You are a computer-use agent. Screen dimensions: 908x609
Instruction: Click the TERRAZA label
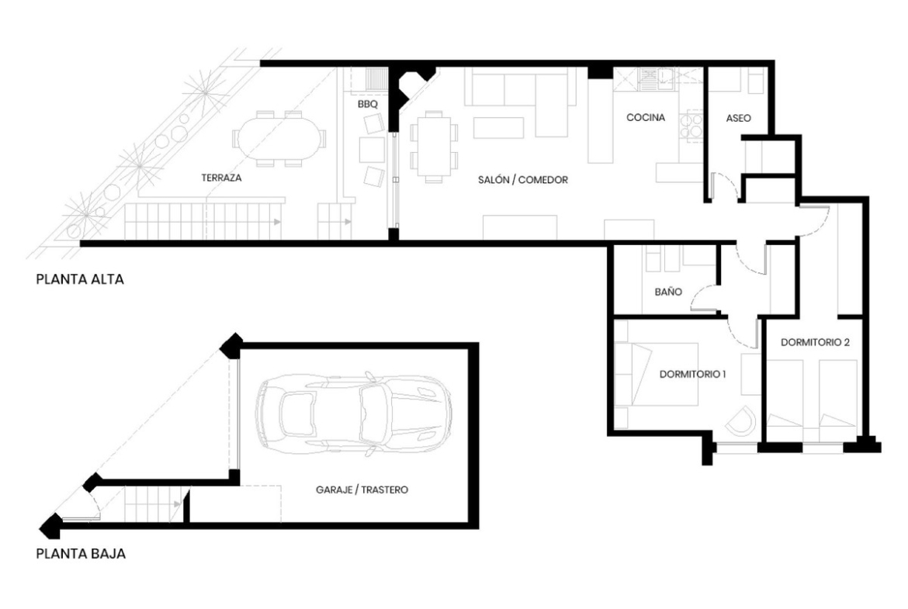point(221,178)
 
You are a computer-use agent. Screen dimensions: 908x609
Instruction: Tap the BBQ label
point(367,104)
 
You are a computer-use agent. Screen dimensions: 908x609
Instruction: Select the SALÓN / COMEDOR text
point(523,180)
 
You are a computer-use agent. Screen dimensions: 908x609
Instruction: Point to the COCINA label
point(646,117)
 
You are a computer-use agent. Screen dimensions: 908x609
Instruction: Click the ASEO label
point(738,118)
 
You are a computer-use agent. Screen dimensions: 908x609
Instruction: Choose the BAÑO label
point(668,292)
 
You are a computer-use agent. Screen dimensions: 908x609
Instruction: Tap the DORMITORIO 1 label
point(692,374)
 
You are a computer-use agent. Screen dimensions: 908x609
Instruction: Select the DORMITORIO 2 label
point(815,342)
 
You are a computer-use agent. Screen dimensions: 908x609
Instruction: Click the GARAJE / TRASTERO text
point(362,490)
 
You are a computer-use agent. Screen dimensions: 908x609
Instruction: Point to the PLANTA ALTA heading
point(80,279)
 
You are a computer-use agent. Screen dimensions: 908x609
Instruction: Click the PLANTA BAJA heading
point(81,553)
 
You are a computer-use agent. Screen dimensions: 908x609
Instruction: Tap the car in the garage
point(353,413)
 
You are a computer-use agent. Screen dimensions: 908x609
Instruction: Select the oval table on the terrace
point(279,139)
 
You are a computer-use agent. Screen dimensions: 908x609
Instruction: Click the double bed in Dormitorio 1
point(656,375)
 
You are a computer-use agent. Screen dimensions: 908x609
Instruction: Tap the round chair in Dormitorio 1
point(741,421)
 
